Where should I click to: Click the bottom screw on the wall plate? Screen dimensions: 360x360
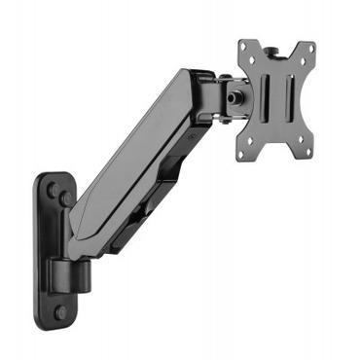(60, 311)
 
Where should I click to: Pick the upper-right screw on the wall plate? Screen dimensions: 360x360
(66, 198)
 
